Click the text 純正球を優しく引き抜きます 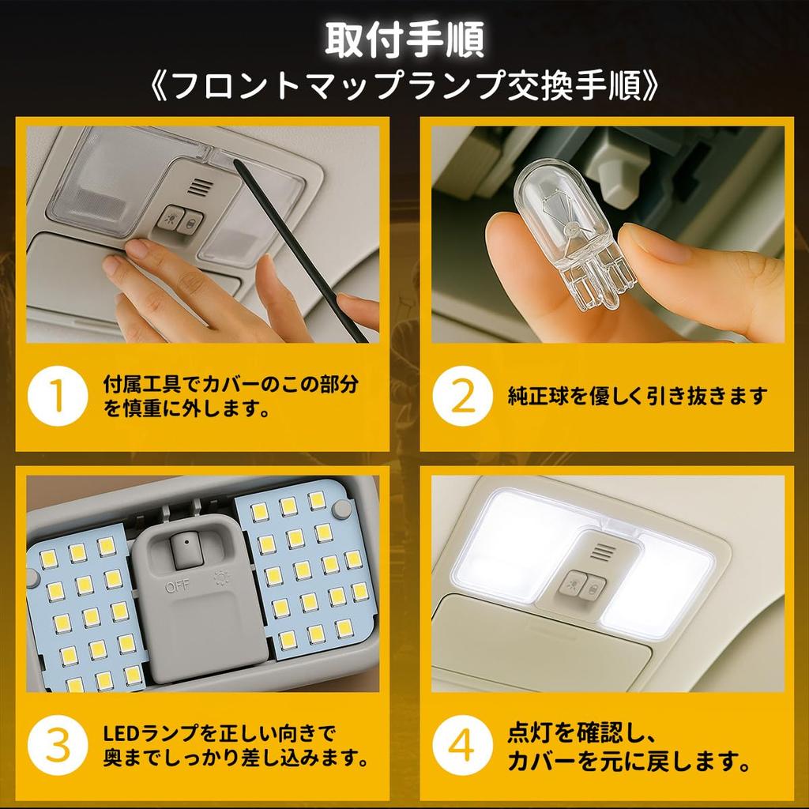pyautogui.click(x=637, y=396)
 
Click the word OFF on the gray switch pyautogui.click(x=171, y=587)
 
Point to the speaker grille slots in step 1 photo pyautogui.click(x=200, y=186)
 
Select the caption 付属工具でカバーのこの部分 pyautogui.click(x=230, y=385)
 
